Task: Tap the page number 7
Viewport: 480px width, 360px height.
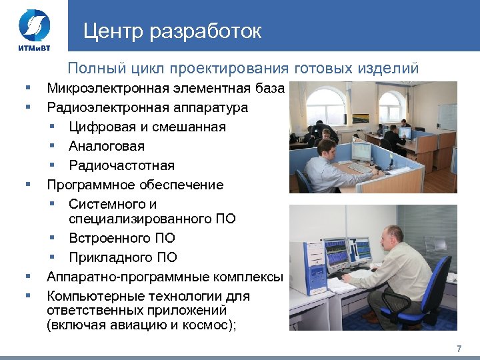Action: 459,349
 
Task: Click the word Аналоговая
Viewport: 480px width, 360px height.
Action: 106,146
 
